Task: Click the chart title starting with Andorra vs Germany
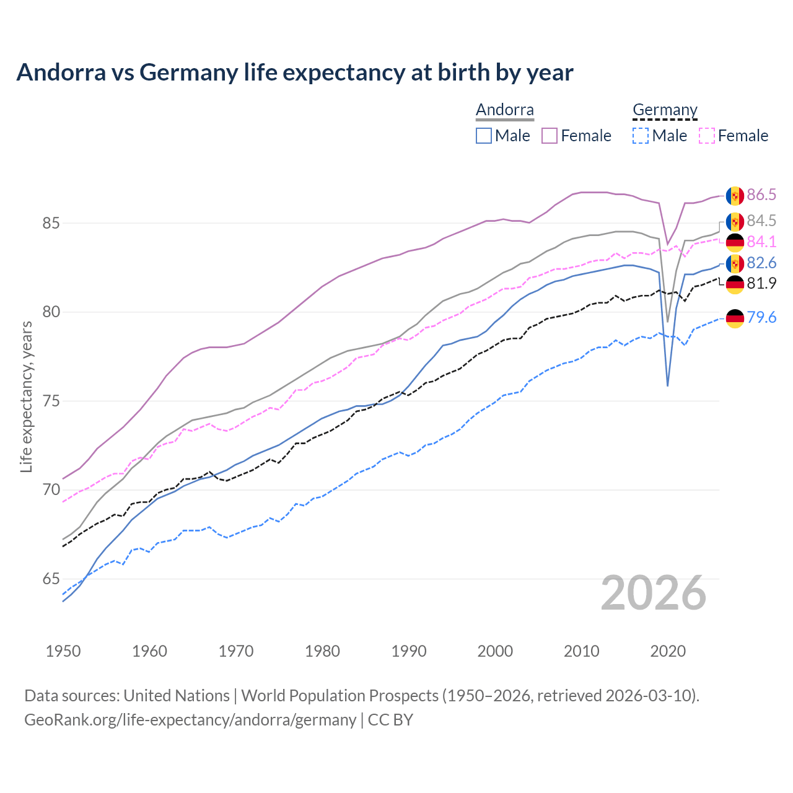tap(295, 72)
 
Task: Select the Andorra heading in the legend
tap(504, 110)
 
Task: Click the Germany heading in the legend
tap(665, 110)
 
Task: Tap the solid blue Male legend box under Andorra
tap(484, 136)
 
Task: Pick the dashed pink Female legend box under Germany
tap(706, 136)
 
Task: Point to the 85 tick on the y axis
tap(51, 223)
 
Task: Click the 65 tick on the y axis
tap(51, 579)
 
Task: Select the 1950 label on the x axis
tap(63, 651)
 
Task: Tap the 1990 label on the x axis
tap(409, 651)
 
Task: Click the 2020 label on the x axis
tap(668, 651)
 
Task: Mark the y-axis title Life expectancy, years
tap(26, 396)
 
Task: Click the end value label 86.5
tap(761, 195)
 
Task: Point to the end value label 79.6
tap(761, 318)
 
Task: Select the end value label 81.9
tap(761, 284)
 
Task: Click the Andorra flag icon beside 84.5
tap(735, 221)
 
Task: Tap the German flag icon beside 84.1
tap(735, 242)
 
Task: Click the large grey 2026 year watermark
tap(654, 593)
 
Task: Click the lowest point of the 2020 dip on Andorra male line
tap(667, 385)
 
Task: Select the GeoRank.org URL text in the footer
tap(190, 720)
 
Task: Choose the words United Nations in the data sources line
tap(177, 696)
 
